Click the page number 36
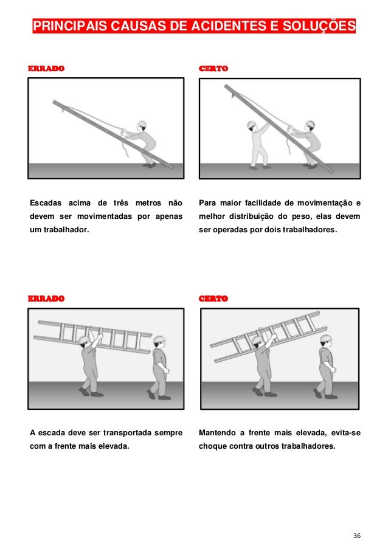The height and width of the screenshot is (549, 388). pyautogui.click(x=357, y=536)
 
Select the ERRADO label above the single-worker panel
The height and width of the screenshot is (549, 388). pyautogui.click(x=46, y=68)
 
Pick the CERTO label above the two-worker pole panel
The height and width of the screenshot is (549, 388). pyautogui.click(x=213, y=68)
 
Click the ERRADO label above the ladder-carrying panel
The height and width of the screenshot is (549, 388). pyautogui.click(x=46, y=299)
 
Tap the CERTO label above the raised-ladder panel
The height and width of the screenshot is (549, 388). pyautogui.click(x=213, y=299)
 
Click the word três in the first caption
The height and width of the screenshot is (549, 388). pyautogui.click(x=121, y=202)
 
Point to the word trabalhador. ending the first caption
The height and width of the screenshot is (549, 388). pyautogui.click(x=66, y=230)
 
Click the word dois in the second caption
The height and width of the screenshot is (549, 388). pyautogui.click(x=274, y=230)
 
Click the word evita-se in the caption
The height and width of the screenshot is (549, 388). pyautogui.click(x=345, y=433)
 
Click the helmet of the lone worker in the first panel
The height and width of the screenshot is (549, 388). pyautogui.click(x=142, y=124)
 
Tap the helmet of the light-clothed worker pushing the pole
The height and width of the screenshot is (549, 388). pyautogui.click(x=251, y=125)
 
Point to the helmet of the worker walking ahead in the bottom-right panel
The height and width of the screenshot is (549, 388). pyautogui.click(x=326, y=338)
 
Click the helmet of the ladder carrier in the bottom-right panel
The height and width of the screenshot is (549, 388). pyautogui.click(x=257, y=340)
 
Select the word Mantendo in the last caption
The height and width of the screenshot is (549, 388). pyautogui.click(x=217, y=433)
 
